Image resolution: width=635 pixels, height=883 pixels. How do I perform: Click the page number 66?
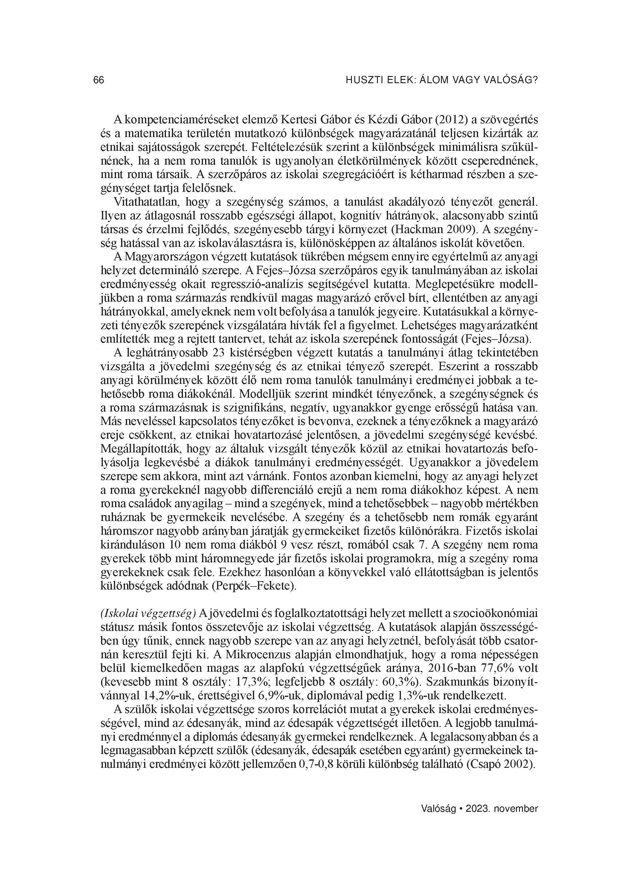(x=99, y=80)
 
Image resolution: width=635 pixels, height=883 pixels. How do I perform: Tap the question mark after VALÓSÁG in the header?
(x=535, y=80)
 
